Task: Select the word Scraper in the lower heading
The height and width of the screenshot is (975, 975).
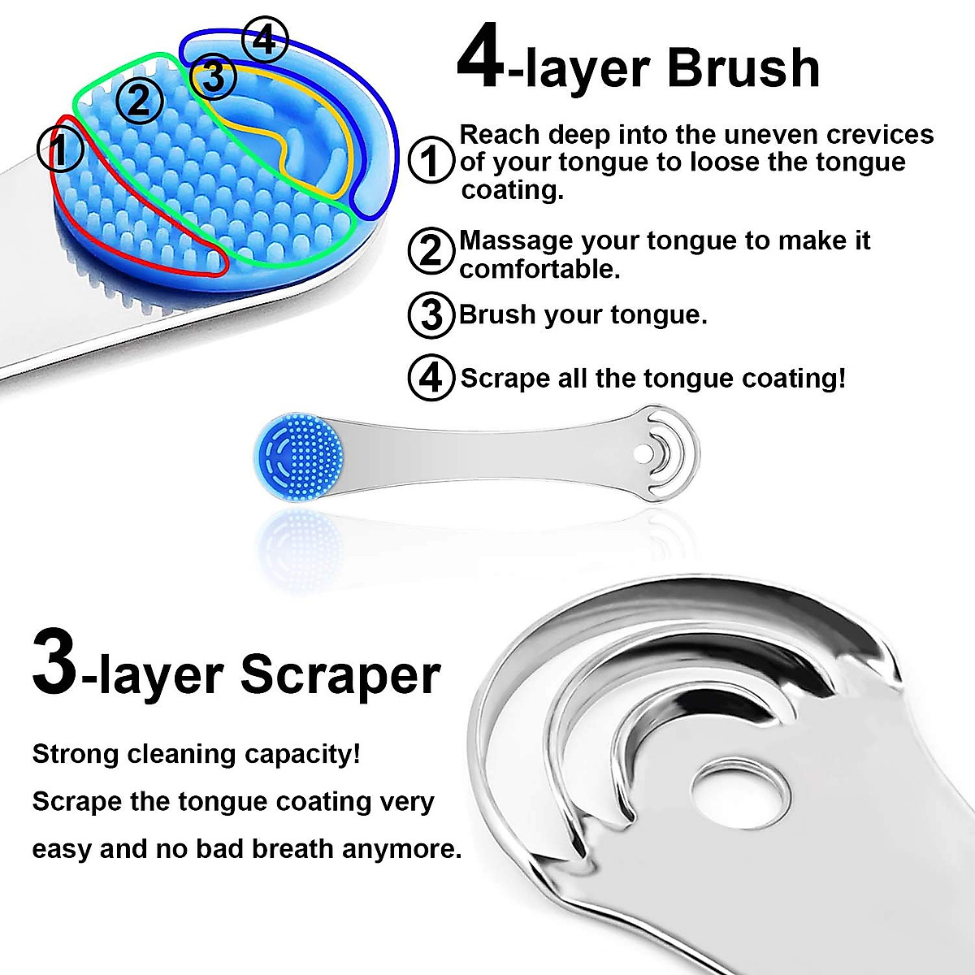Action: pyautogui.click(x=340, y=674)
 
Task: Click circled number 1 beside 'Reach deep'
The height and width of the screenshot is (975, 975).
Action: pyautogui.click(x=430, y=160)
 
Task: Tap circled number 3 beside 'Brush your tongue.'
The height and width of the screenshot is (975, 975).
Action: pyautogui.click(x=431, y=314)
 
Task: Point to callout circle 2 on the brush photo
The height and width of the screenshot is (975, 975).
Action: pyautogui.click(x=140, y=101)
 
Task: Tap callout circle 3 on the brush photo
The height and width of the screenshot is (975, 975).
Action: pyautogui.click(x=214, y=77)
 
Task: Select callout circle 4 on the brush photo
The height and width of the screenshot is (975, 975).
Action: pyautogui.click(x=265, y=41)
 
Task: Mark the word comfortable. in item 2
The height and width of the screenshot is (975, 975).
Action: pyautogui.click(x=539, y=269)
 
